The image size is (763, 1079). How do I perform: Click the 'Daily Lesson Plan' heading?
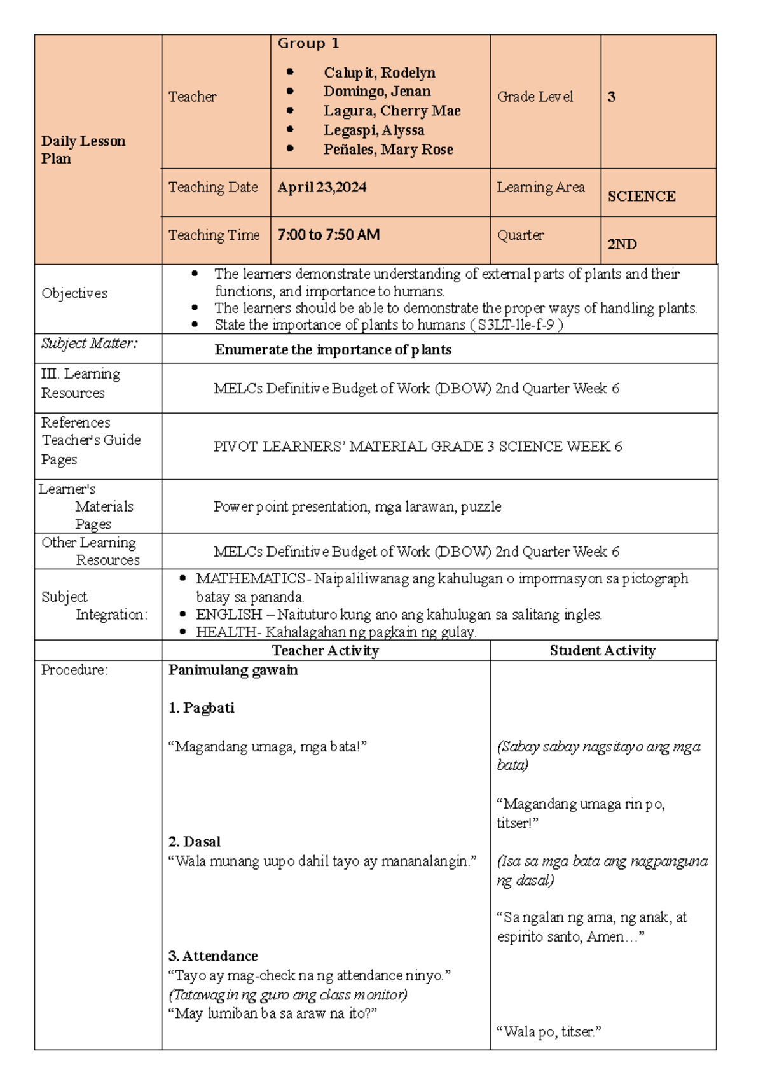[x=83, y=150]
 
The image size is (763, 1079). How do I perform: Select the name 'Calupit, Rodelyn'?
[x=379, y=73]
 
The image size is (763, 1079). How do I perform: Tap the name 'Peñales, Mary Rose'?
[x=388, y=150]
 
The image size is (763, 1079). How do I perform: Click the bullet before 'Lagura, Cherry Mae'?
[x=290, y=111]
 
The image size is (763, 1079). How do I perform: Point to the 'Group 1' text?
[x=308, y=43]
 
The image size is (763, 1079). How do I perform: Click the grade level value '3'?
[x=611, y=97]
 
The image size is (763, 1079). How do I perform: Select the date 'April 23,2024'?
[x=322, y=187]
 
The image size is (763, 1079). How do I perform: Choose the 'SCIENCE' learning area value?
[x=641, y=197]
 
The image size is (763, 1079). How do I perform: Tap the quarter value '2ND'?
[x=622, y=244]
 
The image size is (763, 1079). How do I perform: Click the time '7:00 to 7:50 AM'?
[x=328, y=235]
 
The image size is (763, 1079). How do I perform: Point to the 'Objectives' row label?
[x=74, y=293]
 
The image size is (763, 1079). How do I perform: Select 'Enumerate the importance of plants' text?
[x=333, y=350]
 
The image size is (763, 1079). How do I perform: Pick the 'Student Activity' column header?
[x=602, y=651]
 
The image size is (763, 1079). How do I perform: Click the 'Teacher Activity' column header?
[x=325, y=651]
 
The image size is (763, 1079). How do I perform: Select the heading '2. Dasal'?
[x=194, y=842]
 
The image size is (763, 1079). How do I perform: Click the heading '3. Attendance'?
[x=212, y=956]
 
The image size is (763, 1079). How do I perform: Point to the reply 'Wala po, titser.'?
[x=549, y=1032]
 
